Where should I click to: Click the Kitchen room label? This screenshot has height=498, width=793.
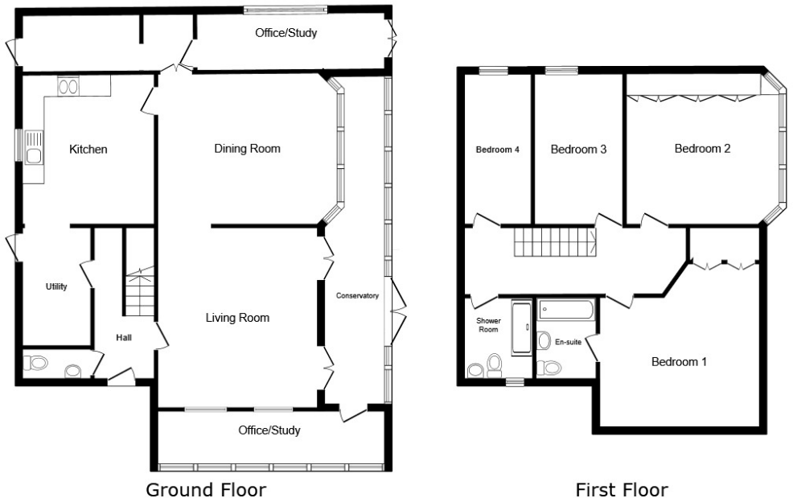click(88, 150)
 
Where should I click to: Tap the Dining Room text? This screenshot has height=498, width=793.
click(247, 149)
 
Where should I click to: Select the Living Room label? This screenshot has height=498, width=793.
click(236, 318)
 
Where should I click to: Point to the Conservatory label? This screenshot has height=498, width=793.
click(357, 296)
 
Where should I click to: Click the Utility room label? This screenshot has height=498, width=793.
click(56, 287)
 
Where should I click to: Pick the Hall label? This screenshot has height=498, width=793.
click(124, 338)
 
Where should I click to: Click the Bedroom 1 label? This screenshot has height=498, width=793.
click(678, 362)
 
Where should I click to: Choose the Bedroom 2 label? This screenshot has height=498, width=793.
click(702, 149)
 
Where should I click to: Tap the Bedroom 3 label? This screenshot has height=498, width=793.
click(577, 150)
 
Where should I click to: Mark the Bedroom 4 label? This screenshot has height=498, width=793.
click(497, 150)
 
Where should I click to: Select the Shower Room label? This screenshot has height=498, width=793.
click(489, 325)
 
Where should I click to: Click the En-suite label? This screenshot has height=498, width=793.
click(568, 342)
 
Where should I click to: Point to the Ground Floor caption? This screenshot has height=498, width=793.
click(205, 489)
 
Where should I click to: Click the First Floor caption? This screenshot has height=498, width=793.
click(621, 489)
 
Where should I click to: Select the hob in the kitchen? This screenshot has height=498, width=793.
click(68, 85)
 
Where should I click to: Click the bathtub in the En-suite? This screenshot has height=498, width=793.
click(566, 308)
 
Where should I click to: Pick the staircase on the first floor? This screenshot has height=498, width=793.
click(554, 241)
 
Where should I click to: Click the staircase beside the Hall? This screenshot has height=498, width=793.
click(138, 293)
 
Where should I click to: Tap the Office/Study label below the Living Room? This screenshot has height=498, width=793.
click(269, 430)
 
